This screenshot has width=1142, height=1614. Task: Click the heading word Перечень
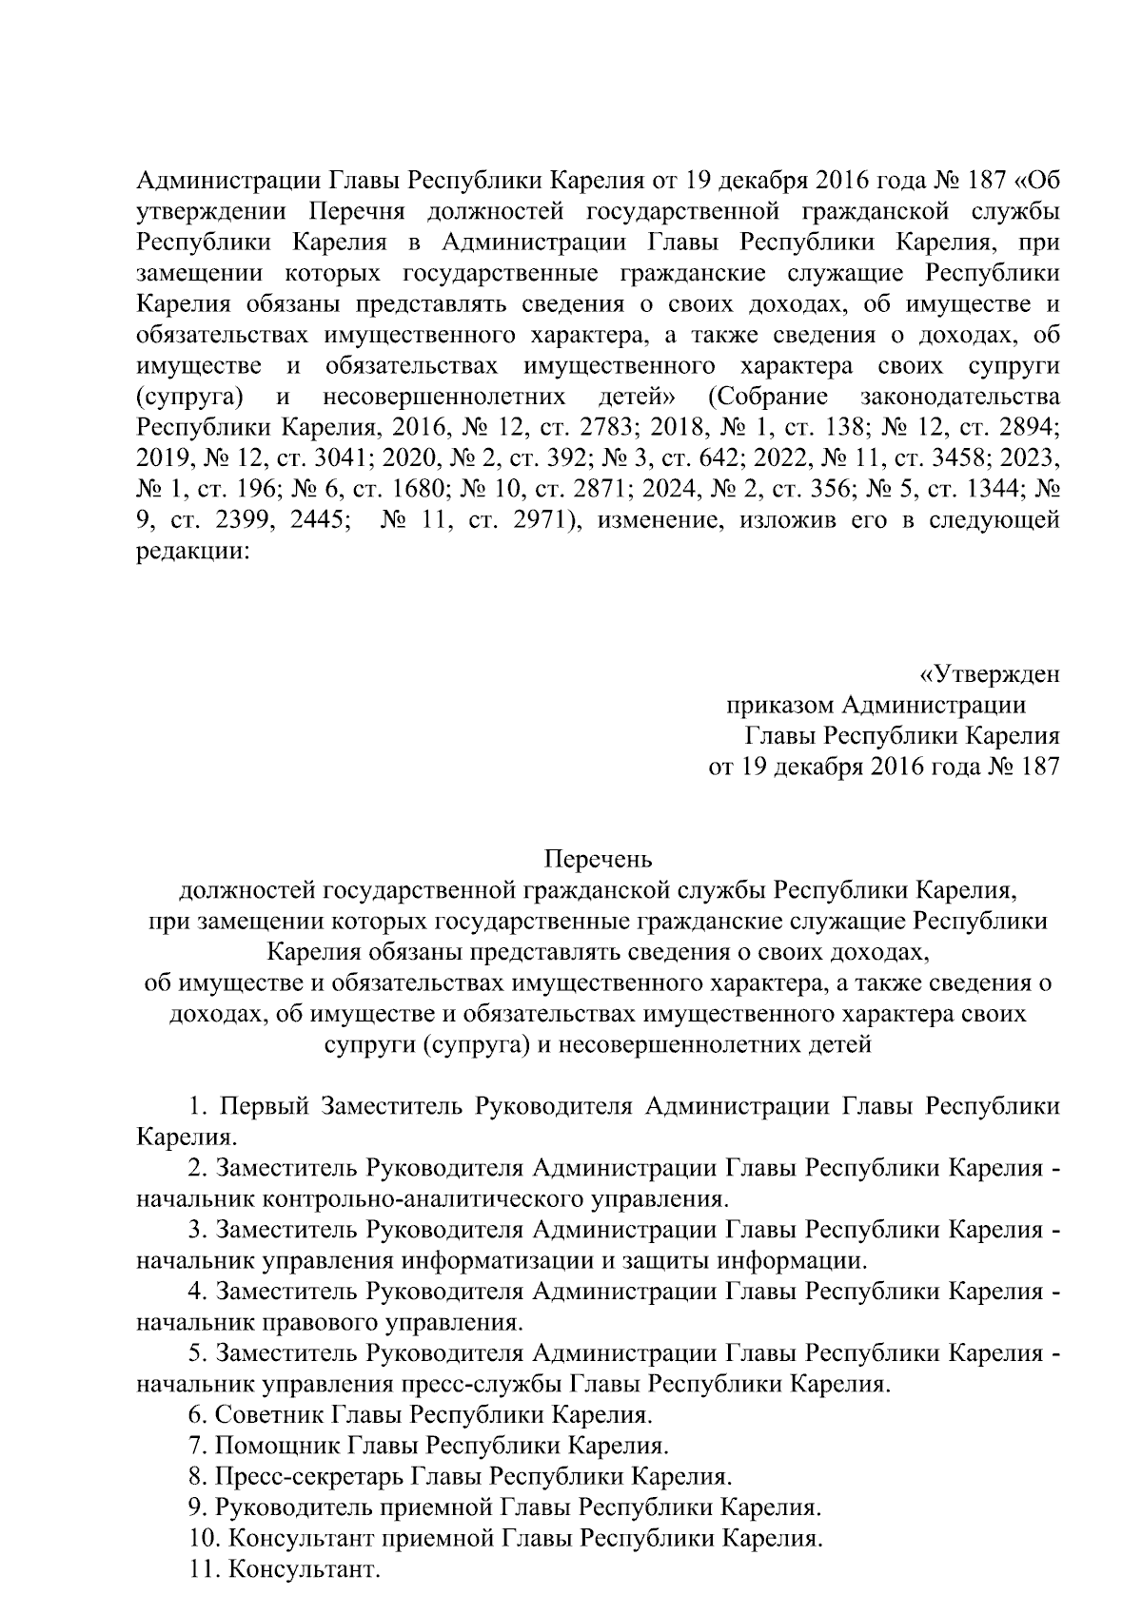point(598,861)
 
